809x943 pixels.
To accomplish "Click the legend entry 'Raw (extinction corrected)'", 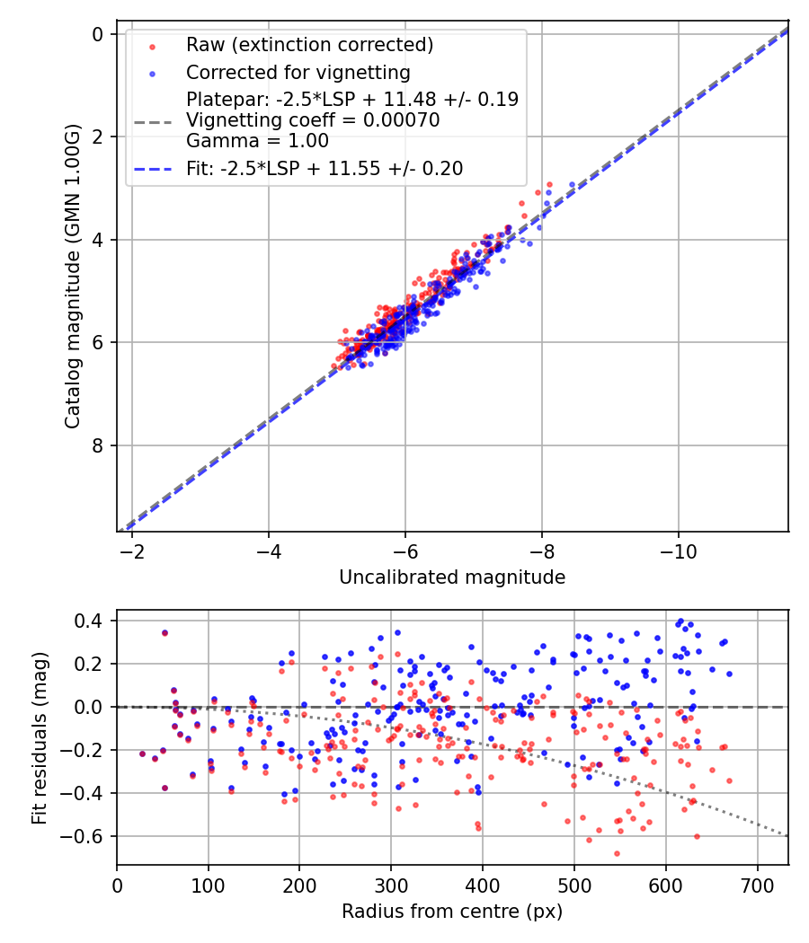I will click(309, 45).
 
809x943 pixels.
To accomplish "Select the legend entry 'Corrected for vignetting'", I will click(298, 72).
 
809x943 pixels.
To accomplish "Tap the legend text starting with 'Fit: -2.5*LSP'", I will click(324, 168).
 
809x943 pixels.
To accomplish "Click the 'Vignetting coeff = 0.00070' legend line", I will click(313, 120).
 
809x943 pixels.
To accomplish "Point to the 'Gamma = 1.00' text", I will click(257, 141).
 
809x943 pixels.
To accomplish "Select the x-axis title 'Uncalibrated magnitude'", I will click(452, 577).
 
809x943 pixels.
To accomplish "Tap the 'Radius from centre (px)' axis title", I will click(452, 912).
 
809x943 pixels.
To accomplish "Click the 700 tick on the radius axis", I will click(757, 886).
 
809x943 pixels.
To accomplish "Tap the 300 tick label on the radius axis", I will click(391, 886).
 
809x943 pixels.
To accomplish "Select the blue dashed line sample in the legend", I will click(150, 169).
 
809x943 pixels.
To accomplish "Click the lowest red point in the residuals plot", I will click(617, 853).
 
